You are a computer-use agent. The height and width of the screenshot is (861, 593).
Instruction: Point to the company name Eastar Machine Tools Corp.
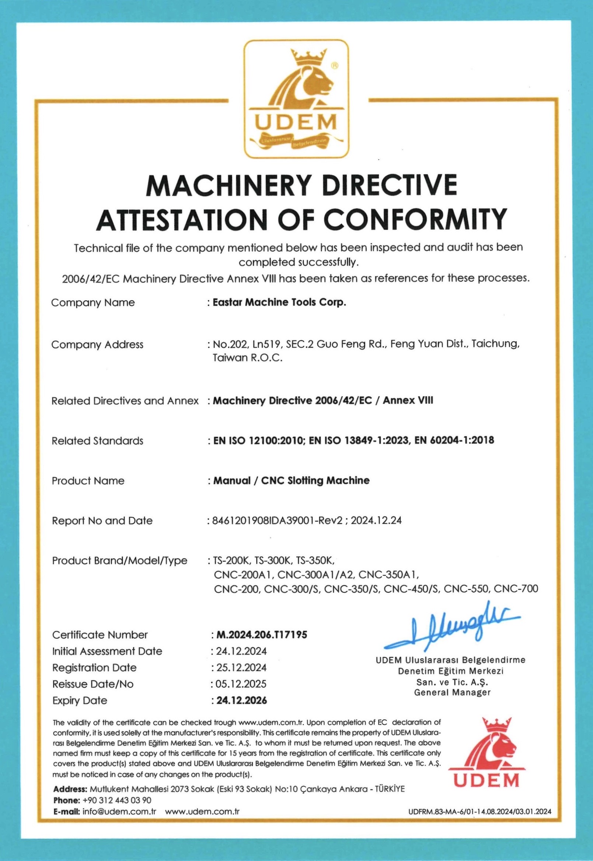279,302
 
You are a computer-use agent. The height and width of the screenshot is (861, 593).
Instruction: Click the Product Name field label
88,481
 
